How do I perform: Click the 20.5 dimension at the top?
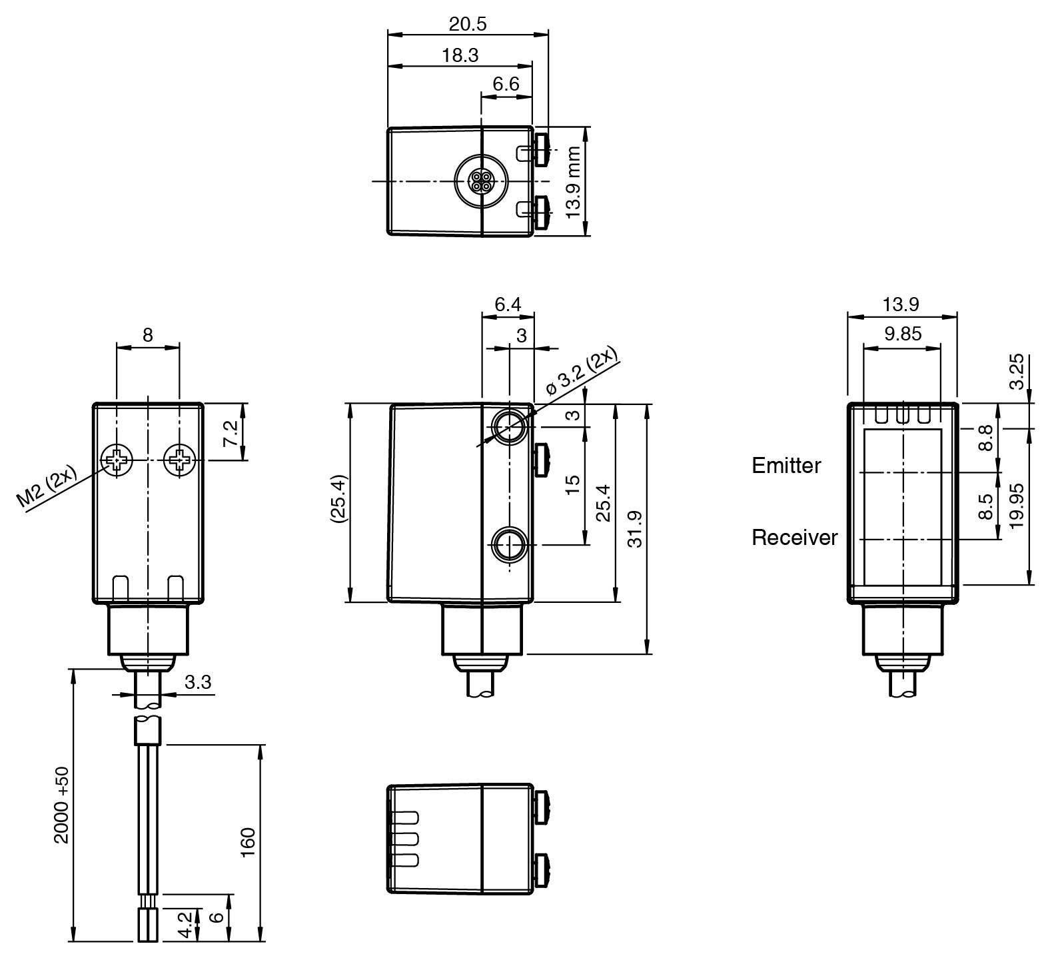(468, 24)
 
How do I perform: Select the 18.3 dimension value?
(460, 55)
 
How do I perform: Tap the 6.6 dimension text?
(506, 85)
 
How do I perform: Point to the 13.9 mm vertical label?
(574, 181)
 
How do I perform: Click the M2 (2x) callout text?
(47, 489)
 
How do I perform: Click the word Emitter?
(786, 466)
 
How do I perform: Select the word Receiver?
(794, 538)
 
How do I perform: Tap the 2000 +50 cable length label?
(61, 805)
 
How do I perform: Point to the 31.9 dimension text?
(635, 529)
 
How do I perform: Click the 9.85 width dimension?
(903, 334)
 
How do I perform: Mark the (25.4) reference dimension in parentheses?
(338, 500)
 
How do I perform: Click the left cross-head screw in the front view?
(117, 460)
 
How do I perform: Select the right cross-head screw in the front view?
(179, 460)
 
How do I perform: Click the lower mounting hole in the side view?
(509, 544)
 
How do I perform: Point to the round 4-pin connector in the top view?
(480, 181)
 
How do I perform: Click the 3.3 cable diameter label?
(198, 682)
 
